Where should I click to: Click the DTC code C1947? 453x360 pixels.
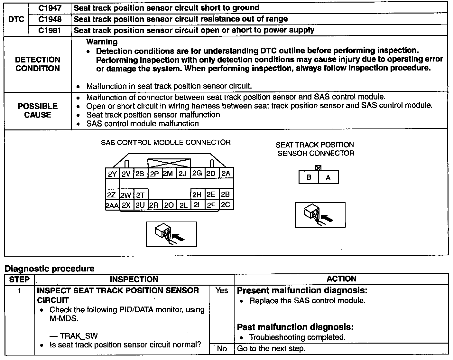[x=50, y=8]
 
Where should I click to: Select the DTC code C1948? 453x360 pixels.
[x=50, y=19]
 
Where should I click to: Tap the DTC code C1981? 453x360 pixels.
[x=50, y=30]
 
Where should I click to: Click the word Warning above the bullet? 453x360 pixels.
[x=102, y=42]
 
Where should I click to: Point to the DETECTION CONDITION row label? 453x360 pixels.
[x=38, y=64]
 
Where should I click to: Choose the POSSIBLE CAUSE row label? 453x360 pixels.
[x=38, y=110]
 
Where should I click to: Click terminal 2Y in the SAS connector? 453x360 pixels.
[x=112, y=174]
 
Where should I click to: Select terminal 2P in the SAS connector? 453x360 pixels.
[x=154, y=174]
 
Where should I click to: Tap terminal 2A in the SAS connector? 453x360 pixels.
[x=226, y=173]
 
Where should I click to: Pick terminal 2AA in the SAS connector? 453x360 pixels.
[x=112, y=205]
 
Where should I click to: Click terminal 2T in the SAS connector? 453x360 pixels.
[x=140, y=195]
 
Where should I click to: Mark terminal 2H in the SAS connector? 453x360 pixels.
[x=197, y=194]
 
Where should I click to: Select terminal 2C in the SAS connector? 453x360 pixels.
[x=226, y=204]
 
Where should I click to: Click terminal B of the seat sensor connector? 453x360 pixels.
[x=309, y=177]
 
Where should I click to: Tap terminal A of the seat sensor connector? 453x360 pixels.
[x=328, y=177]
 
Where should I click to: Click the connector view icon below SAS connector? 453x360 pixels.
[x=171, y=234]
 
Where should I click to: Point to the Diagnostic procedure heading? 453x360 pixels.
[x=50, y=269]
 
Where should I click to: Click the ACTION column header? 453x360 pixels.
[x=341, y=279]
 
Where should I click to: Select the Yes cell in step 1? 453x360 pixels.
[x=222, y=290]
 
